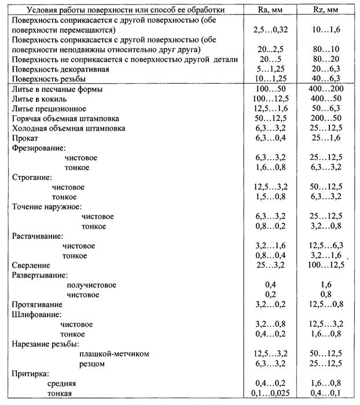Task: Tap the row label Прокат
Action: coord(25,139)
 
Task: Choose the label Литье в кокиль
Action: coord(43,98)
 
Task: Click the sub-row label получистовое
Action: coord(91,285)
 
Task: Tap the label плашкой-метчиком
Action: coord(115,354)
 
